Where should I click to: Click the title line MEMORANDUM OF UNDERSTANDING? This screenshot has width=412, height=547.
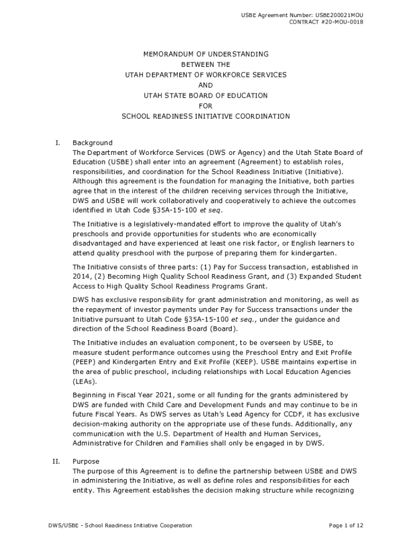pyautogui.click(x=205, y=54)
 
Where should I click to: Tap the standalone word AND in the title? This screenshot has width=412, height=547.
pyautogui.click(x=205, y=85)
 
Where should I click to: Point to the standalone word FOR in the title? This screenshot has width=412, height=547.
pyautogui.click(x=205, y=106)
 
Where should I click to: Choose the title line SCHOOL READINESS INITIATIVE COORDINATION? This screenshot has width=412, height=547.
pyautogui.click(x=205, y=116)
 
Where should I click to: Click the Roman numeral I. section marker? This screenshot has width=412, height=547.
pyautogui.click(x=57, y=143)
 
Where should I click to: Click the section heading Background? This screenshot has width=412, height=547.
pyautogui.click(x=93, y=143)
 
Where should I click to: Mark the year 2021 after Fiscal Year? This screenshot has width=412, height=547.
pyautogui.click(x=156, y=395)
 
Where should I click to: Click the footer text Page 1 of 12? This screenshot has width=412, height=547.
pyautogui.click(x=346, y=526)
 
